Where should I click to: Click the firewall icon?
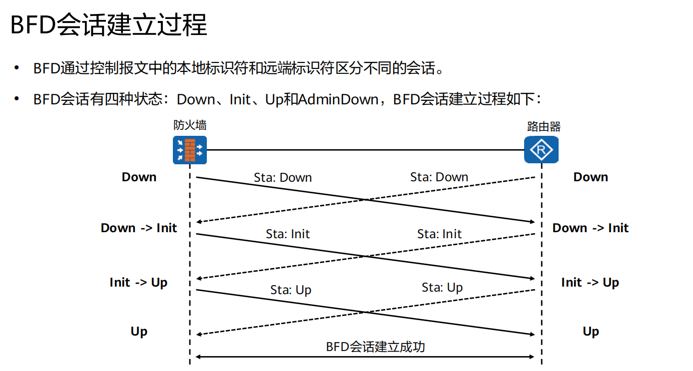190,149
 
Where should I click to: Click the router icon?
541,149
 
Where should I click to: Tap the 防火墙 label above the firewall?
190,125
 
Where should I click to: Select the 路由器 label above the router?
544,127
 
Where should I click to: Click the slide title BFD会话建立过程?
109,24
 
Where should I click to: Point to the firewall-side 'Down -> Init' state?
139,228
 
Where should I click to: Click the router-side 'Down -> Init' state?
590,228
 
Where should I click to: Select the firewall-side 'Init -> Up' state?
138,283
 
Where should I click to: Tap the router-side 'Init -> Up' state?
590,283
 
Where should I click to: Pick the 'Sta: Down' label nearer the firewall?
283,178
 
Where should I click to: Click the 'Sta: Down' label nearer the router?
439,177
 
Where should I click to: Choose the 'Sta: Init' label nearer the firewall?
288,234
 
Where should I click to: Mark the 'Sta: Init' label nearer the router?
440,234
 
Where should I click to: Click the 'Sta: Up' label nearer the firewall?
291,290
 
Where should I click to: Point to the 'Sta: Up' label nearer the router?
442,288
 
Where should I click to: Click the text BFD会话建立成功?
375,347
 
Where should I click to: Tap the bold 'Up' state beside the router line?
591,332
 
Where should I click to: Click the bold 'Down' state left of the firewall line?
139,177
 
